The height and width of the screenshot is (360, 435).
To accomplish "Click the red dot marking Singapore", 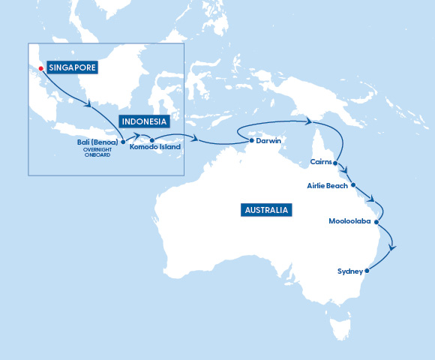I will click(x=41, y=68).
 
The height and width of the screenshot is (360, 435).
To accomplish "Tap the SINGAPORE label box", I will click(x=73, y=67).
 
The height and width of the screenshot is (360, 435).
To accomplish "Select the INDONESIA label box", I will click(x=143, y=121).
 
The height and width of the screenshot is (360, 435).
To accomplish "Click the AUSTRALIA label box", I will click(x=266, y=210).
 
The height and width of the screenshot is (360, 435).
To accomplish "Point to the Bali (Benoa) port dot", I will click(x=123, y=141).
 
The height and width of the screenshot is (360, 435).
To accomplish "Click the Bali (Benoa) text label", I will click(x=97, y=141).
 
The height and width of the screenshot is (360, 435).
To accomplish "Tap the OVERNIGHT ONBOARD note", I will click(x=97, y=152).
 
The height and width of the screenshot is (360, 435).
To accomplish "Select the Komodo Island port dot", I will click(x=151, y=140).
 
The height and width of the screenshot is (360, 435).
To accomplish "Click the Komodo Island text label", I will click(x=154, y=148).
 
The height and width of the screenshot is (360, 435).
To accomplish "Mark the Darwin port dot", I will click(x=250, y=140).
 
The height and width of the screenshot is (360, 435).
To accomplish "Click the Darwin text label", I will click(x=268, y=140).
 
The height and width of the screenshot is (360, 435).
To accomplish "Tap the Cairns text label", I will click(x=320, y=162).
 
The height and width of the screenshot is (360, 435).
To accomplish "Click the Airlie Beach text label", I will click(x=328, y=185).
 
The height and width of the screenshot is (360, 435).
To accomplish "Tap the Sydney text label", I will click(x=350, y=271).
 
